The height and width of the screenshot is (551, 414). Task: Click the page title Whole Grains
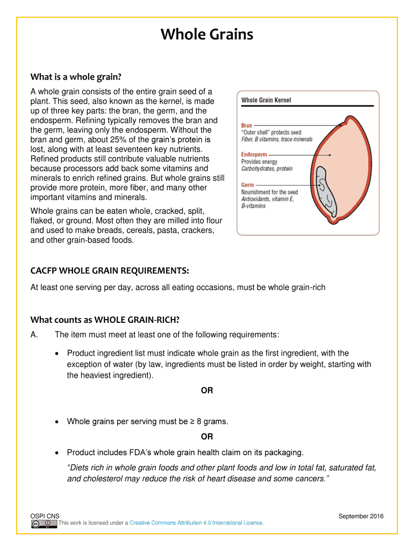(x=207, y=36)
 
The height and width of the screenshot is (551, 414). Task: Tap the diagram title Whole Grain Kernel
(x=266, y=101)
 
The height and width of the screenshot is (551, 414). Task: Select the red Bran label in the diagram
(x=246, y=125)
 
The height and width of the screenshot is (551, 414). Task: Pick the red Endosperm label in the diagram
(x=254, y=155)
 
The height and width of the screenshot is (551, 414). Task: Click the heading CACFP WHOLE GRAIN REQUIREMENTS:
(x=110, y=270)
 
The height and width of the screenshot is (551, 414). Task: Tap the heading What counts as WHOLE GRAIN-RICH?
(x=105, y=320)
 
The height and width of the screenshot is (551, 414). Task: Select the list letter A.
(x=34, y=335)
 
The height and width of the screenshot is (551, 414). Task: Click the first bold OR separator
(x=207, y=391)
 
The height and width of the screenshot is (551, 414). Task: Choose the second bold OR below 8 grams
(x=207, y=436)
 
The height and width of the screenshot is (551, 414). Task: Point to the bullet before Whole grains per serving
(x=58, y=422)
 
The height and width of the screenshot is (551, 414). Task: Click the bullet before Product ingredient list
(x=58, y=354)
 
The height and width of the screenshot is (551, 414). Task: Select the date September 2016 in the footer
(x=361, y=517)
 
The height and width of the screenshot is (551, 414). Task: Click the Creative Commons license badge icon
(x=44, y=523)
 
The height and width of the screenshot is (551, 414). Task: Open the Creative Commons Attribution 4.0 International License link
(x=196, y=523)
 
